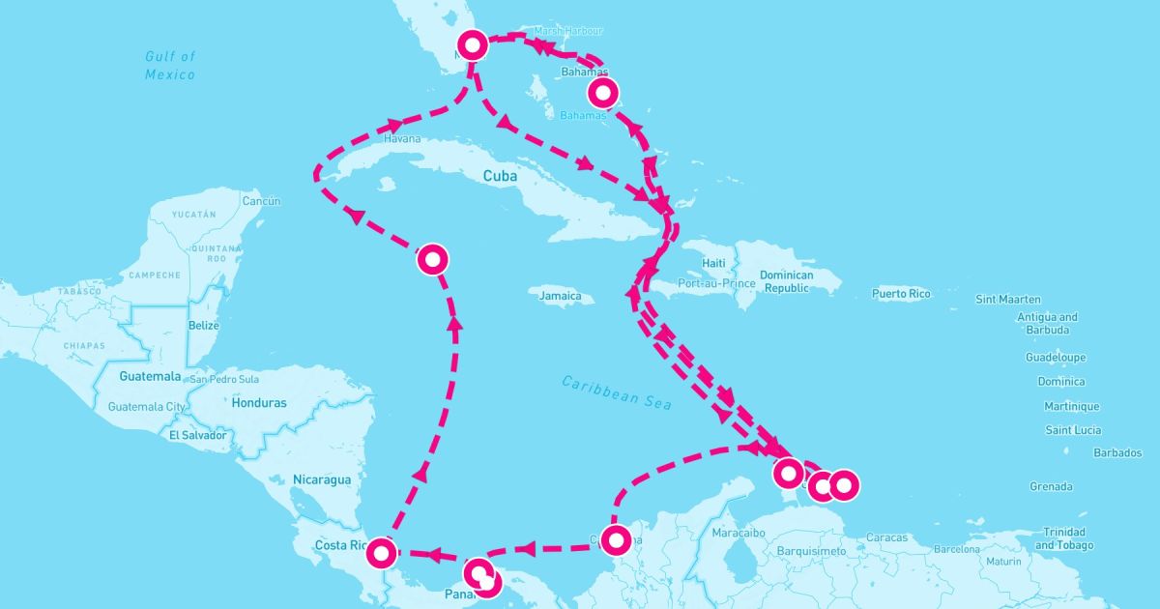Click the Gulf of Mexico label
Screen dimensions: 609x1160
click(x=170, y=66)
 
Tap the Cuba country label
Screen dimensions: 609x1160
click(x=501, y=177)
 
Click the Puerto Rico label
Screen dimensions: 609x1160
click(x=900, y=293)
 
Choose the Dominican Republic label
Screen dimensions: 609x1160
click(x=787, y=281)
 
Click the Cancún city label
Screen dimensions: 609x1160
click(x=261, y=201)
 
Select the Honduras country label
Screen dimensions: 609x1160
click(x=259, y=403)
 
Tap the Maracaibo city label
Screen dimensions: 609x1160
click(x=738, y=534)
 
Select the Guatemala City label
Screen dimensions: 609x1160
click(x=147, y=407)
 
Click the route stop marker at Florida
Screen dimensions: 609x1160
click(x=473, y=44)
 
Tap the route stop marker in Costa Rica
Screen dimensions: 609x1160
click(x=382, y=553)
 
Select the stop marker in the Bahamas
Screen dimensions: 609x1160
click(x=602, y=93)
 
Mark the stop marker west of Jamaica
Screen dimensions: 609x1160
click(x=432, y=259)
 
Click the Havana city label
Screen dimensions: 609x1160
click(x=402, y=139)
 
